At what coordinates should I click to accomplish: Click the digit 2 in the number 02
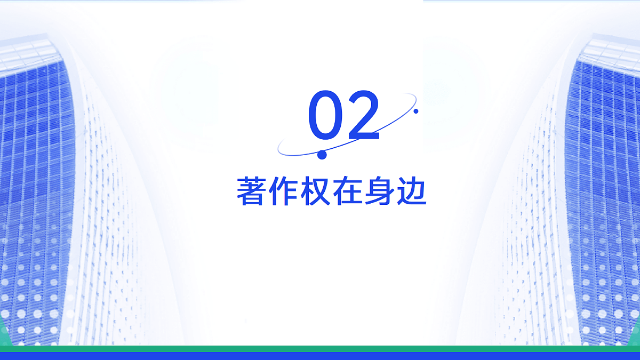tap(363, 115)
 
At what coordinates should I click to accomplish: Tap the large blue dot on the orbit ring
tap(322, 155)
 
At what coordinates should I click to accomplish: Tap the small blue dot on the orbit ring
tap(416, 111)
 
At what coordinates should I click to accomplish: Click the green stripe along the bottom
tap(320, 348)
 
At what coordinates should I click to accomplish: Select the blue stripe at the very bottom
tap(320, 356)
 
